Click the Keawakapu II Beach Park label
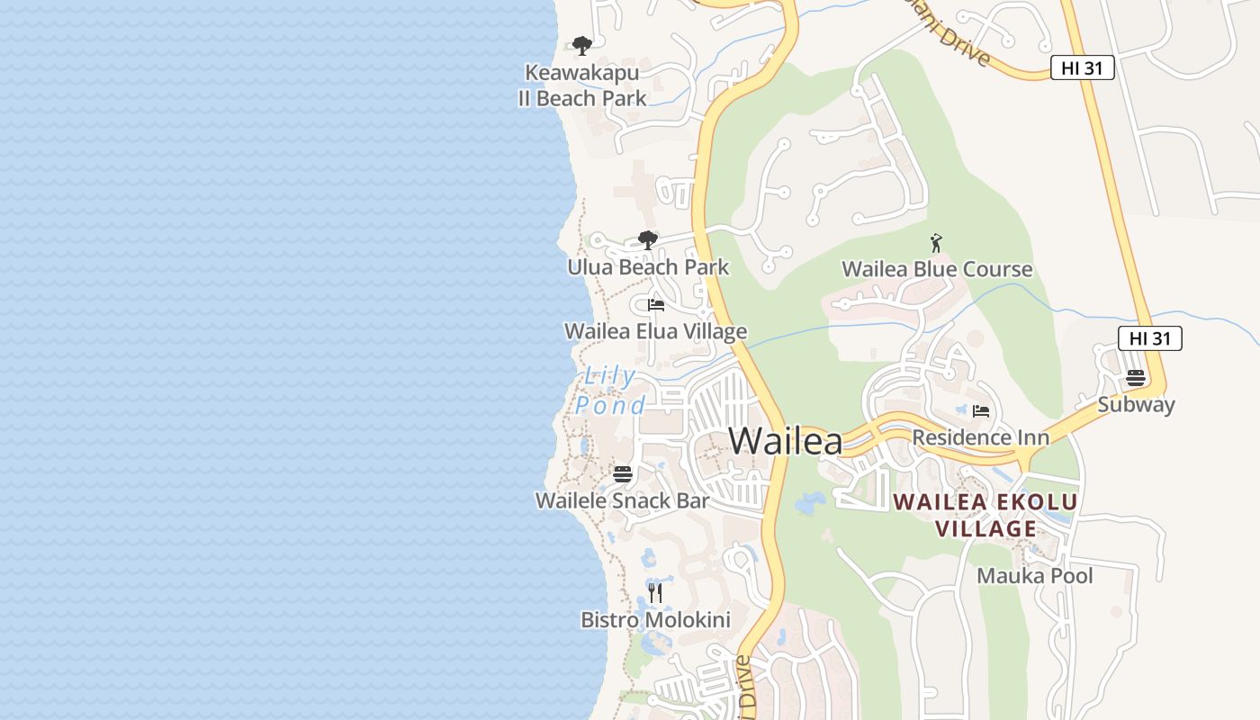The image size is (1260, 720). click(582, 85)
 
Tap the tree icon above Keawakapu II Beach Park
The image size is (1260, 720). click(582, 45)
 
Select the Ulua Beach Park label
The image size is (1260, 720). click(648, 267)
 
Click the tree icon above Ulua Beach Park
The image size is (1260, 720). click(647, 239)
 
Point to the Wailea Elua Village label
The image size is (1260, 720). click(655, 331)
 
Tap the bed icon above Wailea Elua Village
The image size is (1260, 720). click(656, 305)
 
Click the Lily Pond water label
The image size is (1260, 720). click(611, 391)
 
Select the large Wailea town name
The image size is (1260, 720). click(786, 441)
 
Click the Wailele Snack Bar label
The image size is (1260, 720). click(623, 500)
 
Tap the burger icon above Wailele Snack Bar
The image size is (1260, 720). click(623, 473)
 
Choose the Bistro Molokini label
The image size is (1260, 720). click(655, 620)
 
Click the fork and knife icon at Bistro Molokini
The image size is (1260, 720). click(655, 592)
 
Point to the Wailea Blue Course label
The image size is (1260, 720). click(937, 269)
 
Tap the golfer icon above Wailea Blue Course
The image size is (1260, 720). click(936, 242)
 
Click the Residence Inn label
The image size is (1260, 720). click(981, 437)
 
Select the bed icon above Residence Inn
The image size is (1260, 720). click(981, 411)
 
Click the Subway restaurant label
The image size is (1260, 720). click(1136, 404)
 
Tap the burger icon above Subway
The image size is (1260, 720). click(1136, 377)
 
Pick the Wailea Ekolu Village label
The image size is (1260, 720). click(985, 515)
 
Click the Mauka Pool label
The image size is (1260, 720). click(1035, 576)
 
